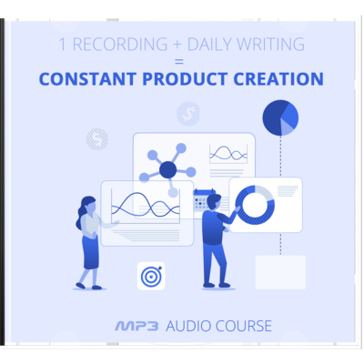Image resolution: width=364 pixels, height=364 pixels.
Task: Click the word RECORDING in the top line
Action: [x=120, y=45]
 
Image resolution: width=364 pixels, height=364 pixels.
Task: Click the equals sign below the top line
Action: [x=179, y=62]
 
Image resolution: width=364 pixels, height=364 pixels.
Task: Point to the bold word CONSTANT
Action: [x=87, y=79]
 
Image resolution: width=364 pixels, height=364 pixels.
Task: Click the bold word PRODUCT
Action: [x=185, y=79]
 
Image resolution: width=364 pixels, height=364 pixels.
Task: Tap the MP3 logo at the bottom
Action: [x=136, y=327]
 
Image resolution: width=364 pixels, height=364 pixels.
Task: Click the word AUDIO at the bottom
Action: [x=188, y=326]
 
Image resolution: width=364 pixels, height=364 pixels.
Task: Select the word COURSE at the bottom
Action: [x=244, y=326]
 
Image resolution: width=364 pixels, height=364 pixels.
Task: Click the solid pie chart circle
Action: [x=280, y=117]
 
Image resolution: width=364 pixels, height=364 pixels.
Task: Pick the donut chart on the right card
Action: [x=255, y=205]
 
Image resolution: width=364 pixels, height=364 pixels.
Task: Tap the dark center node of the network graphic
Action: [x=167, y=169]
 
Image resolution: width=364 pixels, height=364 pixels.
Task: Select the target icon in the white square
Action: [x=151, y=276]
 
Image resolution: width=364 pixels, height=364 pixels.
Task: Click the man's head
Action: [x=214, y=202]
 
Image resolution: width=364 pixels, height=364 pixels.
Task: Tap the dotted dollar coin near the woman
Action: [x=97, y=139]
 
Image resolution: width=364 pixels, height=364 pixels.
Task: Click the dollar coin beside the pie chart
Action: [x=188, y=114]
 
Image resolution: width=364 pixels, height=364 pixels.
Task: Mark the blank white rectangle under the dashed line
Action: [x=280, y=272]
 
